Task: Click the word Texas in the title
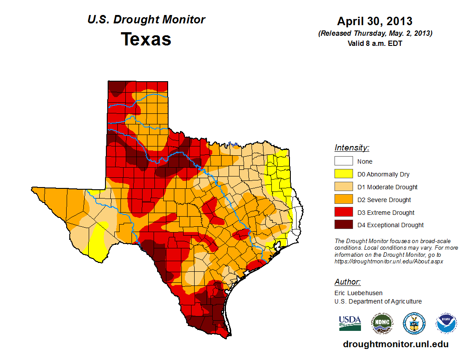(x=146, y=39)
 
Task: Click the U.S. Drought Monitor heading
(x=146, y=20)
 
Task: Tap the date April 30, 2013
(x=375, y=21)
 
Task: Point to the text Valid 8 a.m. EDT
(x=375, y=43)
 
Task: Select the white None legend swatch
(x=343, y=161)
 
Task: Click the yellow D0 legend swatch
(x=343, y=174)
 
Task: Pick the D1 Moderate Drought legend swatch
(x=343, y=187)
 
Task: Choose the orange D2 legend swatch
(x=343, y=200)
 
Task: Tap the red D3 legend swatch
(x=343, y=213)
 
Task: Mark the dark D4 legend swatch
(x=343, y=225)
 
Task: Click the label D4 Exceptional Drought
(x=391, y=225)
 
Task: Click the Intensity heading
(x=352, y=148)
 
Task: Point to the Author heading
(x=347, y=282)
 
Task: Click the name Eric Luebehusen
(x=358, y=293)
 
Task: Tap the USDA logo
(x=350, y=323)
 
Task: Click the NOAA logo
(x=446, y=324)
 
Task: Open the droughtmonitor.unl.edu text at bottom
(x=395, y=345)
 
